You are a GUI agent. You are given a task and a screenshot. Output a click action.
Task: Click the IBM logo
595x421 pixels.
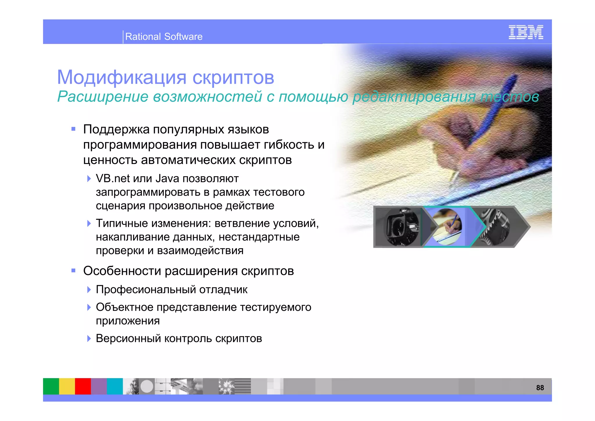[x=526, y=32]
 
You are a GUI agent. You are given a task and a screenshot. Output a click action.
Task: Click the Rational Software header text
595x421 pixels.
[x=164, y=37]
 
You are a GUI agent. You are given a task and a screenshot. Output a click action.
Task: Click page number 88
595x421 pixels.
[x=540, y=388]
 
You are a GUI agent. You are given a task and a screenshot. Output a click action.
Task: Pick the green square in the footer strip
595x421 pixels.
[x=51, y=386]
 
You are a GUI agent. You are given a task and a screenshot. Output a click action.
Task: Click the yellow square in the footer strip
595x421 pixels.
[x=67, y=386]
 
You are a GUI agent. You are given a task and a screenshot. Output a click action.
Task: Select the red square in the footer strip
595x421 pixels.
[x=83, y=386]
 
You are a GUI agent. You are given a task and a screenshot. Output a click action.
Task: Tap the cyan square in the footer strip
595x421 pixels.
[x=115, y=386]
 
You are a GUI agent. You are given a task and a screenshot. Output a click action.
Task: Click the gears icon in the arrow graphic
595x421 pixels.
[x=494, y=227]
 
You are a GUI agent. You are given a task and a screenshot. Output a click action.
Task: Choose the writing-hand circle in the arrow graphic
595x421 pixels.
[x=447, y=227]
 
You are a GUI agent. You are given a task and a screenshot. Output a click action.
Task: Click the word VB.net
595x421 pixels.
[x=113, y=179]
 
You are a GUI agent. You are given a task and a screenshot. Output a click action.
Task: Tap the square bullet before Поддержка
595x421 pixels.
[x=74, y=129]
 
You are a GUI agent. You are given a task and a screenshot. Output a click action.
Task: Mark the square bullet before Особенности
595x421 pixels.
[x=74, y=271]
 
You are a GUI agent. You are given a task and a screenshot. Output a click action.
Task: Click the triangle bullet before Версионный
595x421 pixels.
[x=89, y=338]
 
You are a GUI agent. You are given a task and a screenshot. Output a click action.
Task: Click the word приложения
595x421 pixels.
[x=128, y=321]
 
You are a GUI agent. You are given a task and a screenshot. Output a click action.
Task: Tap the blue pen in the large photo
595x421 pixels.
[x=494, y=113]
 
